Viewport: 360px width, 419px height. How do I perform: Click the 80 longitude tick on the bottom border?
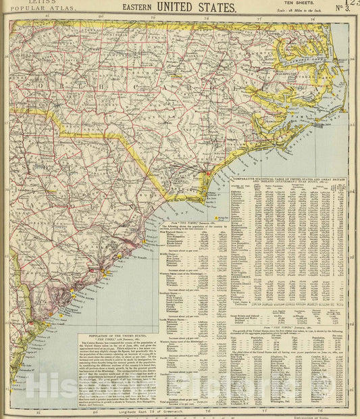tap(95, 410)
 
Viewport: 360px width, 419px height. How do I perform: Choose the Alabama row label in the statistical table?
tap(237, 191)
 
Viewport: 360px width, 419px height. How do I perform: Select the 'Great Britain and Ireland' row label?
tap(249, 314)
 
